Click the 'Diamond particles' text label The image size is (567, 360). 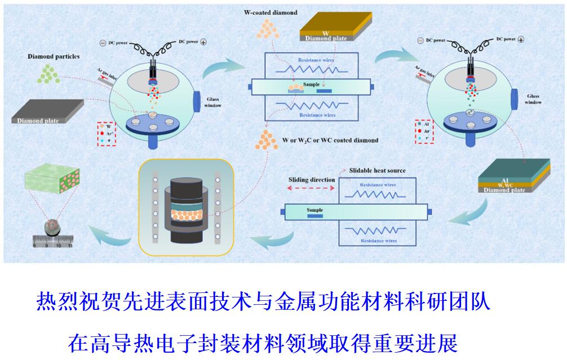click(x=53, y=56)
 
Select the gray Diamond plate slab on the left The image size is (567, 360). click(x=48, y=111)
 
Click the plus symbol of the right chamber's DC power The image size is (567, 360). click(x=520, y=39)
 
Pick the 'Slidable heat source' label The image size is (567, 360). click(x=377, y=170)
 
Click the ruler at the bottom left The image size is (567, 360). click(x=52, y=242)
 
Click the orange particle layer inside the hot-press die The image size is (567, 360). click(x=186, y=215)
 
